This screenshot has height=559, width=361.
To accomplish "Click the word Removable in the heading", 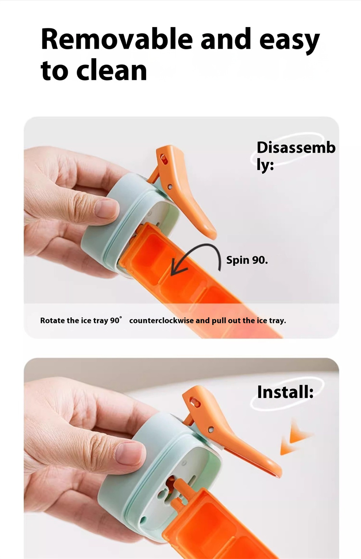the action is tap(117, 39).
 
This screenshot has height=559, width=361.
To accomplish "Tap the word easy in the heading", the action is tap(289, 41).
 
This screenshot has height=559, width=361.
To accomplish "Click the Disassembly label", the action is tap(296, 155).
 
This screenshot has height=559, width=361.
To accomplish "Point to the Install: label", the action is tap(285, 392).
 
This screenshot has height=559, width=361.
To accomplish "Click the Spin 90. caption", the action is tap(247, 260).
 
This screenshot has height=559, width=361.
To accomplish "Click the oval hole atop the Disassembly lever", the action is tap(164, 160).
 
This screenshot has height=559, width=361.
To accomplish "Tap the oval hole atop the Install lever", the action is tap(195, 401).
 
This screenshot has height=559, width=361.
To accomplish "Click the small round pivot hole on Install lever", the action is tap(211, 429).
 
